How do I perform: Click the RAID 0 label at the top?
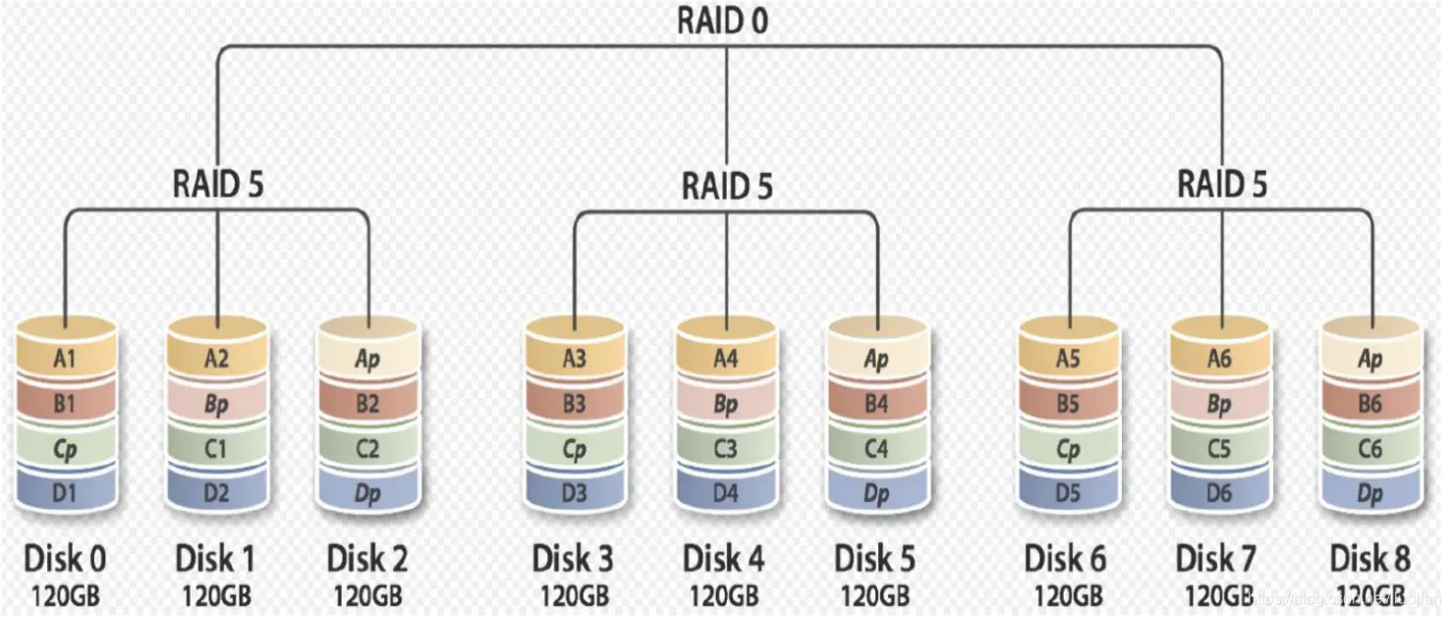pos(724,22)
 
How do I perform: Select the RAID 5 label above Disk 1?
pos(218,183)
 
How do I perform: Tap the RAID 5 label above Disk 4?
pos(727,185)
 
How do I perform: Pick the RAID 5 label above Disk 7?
pos(1222,183)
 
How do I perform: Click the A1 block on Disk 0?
pos(66,359)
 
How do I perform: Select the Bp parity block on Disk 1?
pos(217,404)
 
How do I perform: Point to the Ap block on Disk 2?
pos(367,359)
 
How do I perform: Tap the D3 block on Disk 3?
pos(575,493)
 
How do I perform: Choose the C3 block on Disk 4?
pos(726,449)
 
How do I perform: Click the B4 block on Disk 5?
pos(876,404)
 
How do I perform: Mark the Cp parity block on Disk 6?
pos(1068,449)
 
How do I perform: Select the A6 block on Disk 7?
pos(1219,359)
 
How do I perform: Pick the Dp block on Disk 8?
pos(1369,493)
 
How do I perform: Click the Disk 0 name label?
pos(65,559)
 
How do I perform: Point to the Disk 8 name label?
pos(1370,559)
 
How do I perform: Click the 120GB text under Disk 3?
pos(574,595)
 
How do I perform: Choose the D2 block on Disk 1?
pos(217,493)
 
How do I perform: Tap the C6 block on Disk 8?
pos(1369,449)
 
